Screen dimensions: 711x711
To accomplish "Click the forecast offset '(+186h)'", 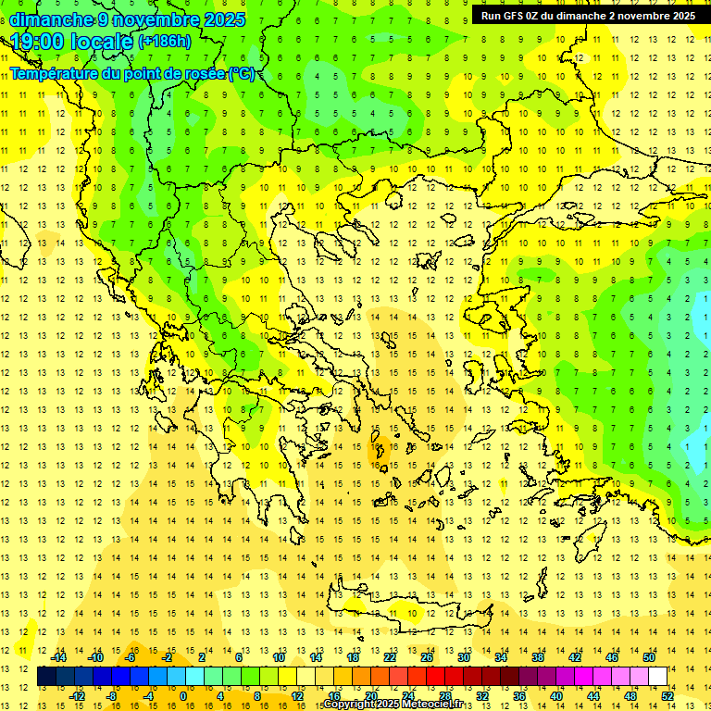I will (165, 42).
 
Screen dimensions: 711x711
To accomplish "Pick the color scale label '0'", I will (182, 695).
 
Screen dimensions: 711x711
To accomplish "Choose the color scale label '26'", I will (428, 657).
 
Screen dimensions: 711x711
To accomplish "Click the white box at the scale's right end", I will (658, 676).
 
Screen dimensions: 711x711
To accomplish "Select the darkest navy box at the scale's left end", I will (46, 676).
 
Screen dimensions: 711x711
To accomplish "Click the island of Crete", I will (389, 611).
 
